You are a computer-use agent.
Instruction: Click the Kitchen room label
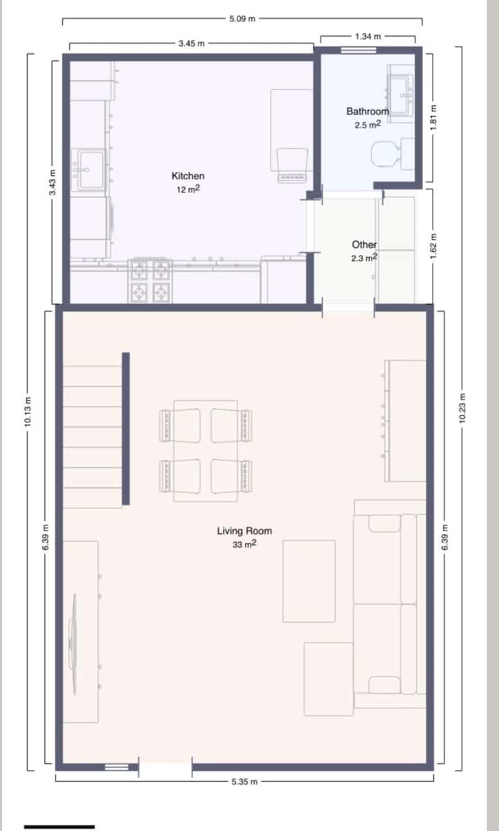coord(188,177)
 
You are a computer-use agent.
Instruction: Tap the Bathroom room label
coord(368,111)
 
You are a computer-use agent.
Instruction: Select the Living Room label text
coord(244,531)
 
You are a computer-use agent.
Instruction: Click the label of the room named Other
coord(364,244)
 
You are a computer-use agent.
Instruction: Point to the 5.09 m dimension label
coord(242,19)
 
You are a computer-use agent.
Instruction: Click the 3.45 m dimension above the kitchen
coord(191,44)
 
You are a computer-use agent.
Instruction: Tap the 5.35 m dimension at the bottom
coord(245,781)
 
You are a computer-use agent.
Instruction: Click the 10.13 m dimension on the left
coord(28,413)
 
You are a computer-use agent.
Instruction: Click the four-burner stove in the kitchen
coord(150,280)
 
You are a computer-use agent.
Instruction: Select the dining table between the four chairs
coord(206,450)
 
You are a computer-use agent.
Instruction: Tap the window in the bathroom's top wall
coord(359,50)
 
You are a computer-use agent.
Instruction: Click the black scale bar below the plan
coord(60,826)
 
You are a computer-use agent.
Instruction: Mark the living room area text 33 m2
coord(244,544)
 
